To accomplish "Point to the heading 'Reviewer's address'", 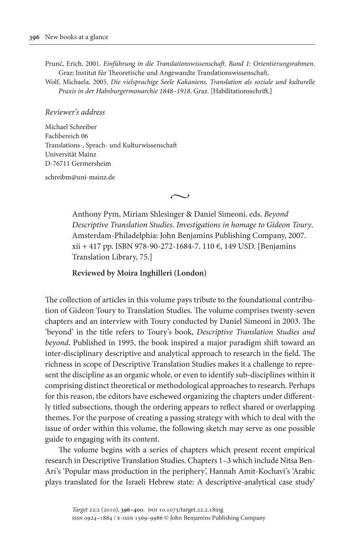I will pyautogui.click(x=75, y=112).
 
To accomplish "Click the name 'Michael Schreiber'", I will pyautogui.click(x=70, y=128).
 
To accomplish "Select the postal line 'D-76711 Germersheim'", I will pyautogui.click(x=78, y=163).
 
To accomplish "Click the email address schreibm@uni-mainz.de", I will pyautogui.click(x=80, y=177).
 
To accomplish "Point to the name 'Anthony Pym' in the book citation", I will pyautogui.click(x=93, y=214).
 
